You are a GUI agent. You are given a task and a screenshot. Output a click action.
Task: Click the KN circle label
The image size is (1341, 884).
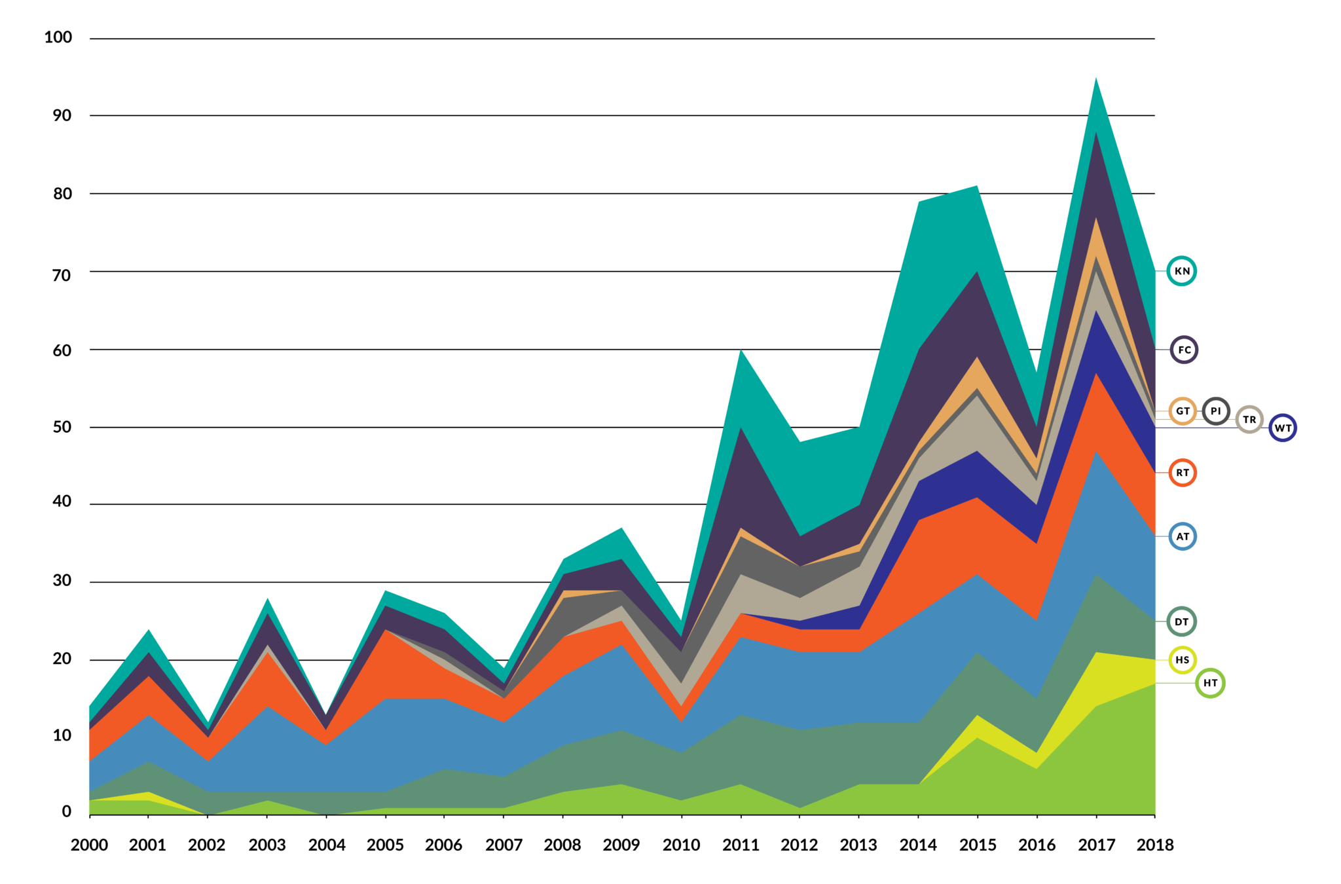[1181, 270]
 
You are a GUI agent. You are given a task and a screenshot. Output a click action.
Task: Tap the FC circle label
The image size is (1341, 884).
[1184, 350]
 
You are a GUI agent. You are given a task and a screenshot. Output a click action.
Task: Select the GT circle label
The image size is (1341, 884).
[1182, 411]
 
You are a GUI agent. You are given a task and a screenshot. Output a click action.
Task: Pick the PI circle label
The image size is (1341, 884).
[1216, 411]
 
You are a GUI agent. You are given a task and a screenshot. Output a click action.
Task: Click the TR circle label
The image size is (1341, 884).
[1249, 420]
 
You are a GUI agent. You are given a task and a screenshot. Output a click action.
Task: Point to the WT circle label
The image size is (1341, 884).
[1282, 428]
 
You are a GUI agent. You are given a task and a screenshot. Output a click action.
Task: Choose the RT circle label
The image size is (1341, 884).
[1182, 473]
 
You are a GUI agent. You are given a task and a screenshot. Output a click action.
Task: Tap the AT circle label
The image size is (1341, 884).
[1182, 537]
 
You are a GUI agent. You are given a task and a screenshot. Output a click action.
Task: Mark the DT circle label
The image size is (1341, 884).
[1181, 621]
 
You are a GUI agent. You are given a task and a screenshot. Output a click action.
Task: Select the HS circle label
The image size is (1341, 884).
[1182, 660]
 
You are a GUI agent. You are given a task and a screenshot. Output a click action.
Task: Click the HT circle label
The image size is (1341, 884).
[1210, 683]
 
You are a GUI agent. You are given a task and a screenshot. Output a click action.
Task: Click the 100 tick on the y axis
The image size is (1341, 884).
[58, 37]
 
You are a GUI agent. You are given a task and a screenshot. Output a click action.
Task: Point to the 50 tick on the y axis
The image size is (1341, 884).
[62, 427]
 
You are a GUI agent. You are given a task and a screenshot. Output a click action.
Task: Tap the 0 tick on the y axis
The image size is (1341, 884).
[67, 812]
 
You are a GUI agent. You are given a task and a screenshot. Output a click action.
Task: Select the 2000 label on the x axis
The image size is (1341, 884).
[90, 845]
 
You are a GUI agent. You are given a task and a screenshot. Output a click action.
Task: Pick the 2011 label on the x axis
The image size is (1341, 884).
[741, 845]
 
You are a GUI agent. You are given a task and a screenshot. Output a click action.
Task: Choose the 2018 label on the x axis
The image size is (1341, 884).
[1155, 845]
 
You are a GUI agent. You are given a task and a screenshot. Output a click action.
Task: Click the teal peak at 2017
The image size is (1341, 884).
[1096, 82]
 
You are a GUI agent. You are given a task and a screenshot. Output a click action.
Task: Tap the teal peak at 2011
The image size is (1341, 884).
[741, 354]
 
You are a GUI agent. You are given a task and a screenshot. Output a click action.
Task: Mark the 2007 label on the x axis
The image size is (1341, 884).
[504, 845]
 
